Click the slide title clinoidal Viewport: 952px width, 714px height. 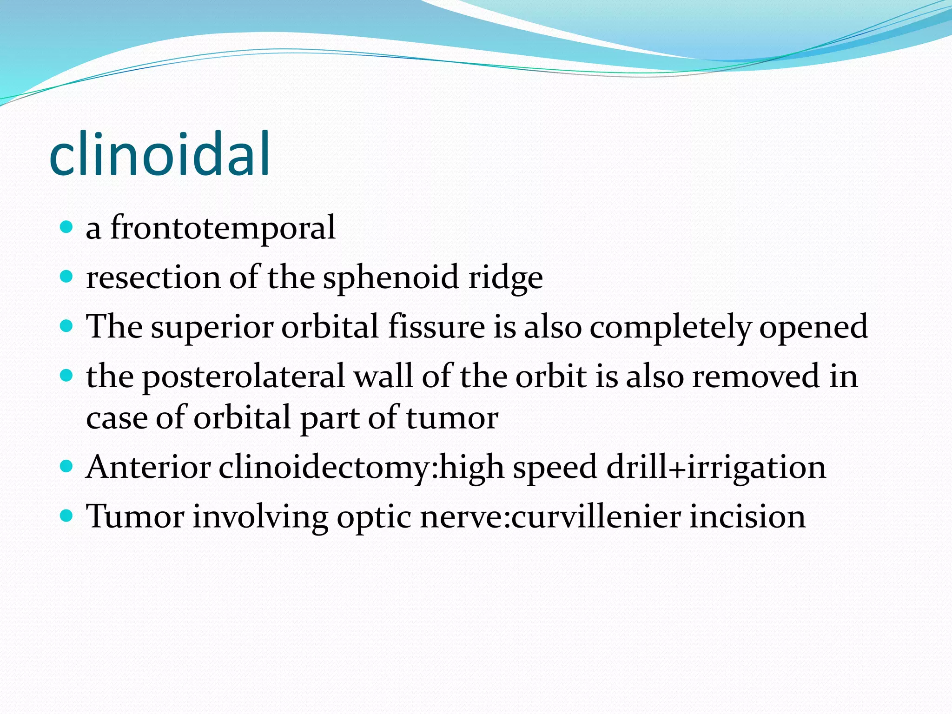159,154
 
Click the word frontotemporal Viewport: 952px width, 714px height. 223,228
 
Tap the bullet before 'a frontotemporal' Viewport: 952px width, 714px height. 67,227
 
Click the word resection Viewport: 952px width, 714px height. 153,278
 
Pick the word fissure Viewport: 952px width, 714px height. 436,326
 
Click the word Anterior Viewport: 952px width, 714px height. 148,467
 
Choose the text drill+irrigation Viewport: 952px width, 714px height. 716,468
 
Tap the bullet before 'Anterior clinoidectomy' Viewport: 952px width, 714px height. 67,466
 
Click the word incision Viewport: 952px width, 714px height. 747,516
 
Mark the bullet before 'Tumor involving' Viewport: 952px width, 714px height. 67,516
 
